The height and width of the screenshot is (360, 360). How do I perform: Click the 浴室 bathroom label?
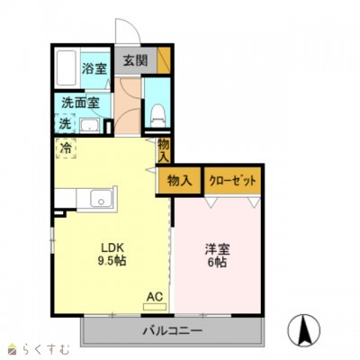click(x=94, y=68)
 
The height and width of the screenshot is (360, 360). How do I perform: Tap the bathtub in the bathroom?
click(x=67, y=68)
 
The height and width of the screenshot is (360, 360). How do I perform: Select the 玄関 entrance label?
click(x=135, y=61)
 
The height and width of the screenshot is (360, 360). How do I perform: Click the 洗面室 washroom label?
click(x=80, y=102)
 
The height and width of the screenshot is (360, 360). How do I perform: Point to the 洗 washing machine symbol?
click(x=65, y=122)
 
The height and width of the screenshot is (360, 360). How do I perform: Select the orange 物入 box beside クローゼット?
click(x=180, y=180)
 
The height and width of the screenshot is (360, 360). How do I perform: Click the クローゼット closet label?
click(x=233, y=180)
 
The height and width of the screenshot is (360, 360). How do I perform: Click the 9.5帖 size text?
click(x=112, y=262)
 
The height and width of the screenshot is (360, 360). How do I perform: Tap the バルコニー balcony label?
click(x=172, y=332)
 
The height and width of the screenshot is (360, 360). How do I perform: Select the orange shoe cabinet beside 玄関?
click(x=163, y=60)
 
